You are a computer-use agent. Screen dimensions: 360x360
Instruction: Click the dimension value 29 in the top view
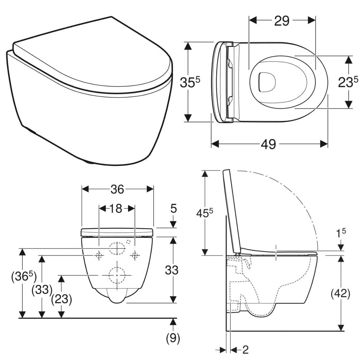click(x=282, y=21)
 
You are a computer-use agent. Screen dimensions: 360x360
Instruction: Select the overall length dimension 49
click(x=268, y=144)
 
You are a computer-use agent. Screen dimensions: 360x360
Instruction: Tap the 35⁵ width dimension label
click(x=190, y=82)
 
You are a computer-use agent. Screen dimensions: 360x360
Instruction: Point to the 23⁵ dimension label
click(x=348, y=82)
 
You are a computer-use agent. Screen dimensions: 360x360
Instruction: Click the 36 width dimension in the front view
click(x=117, y=189)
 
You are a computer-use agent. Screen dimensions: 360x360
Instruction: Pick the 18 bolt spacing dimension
click(x=116, y=209)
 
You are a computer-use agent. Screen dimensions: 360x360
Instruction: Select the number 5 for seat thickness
click(x=173, y=208)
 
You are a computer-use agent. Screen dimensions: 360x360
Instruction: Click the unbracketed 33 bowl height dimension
click(x=172, y=270)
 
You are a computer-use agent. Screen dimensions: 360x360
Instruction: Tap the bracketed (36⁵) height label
click(x=24, y=276)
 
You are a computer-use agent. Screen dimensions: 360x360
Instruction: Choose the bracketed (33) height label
click(x=42, y=290)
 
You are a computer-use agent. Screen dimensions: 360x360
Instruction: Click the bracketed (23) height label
click(x=61, y=300)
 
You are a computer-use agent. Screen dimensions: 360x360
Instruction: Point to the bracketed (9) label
click(x=173, y=338)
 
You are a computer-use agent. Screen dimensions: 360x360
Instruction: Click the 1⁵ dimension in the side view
click(x=341, y=233)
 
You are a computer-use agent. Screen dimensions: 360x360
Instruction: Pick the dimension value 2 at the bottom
click(x=245, y=350)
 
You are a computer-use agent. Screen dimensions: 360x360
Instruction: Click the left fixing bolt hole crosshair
click(x=99, y=255)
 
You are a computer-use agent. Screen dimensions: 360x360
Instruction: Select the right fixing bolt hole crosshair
click(x=135, y=255)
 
